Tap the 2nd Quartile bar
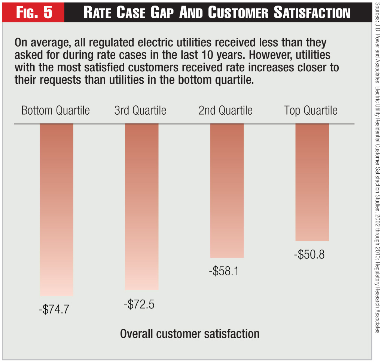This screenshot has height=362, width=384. pyautogui.click(x=227, y=191)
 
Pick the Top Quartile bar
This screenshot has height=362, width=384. pyautogui.click(x=312, y=182)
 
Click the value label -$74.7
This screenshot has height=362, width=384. pyautogui.click(x=54, y=310)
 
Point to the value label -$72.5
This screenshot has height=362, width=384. pyautogui.click(x=139, y=304)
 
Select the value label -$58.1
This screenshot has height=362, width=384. pyautogui.click(x=225, y=271)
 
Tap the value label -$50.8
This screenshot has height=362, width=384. pyautogui.click(x=310, y=255)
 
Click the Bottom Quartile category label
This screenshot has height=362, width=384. pyautogui.click(x=56, y=111)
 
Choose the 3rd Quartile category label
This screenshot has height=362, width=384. pyautogui.click(x=140, y=111)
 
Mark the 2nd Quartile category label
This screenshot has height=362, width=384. pyautogui.click(x=226, y=111)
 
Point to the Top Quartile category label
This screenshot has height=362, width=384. pyautogui.click(x=311, y=111)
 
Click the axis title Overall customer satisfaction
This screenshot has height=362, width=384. pyautogui.click(x=190, y=333)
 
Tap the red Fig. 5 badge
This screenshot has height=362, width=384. pyautogui.click(x=34, y=12)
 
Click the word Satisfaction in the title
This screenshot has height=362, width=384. pyautogui.click(x=312, y=13)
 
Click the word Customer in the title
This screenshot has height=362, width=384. pyautogui.click(x=238, y=13)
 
